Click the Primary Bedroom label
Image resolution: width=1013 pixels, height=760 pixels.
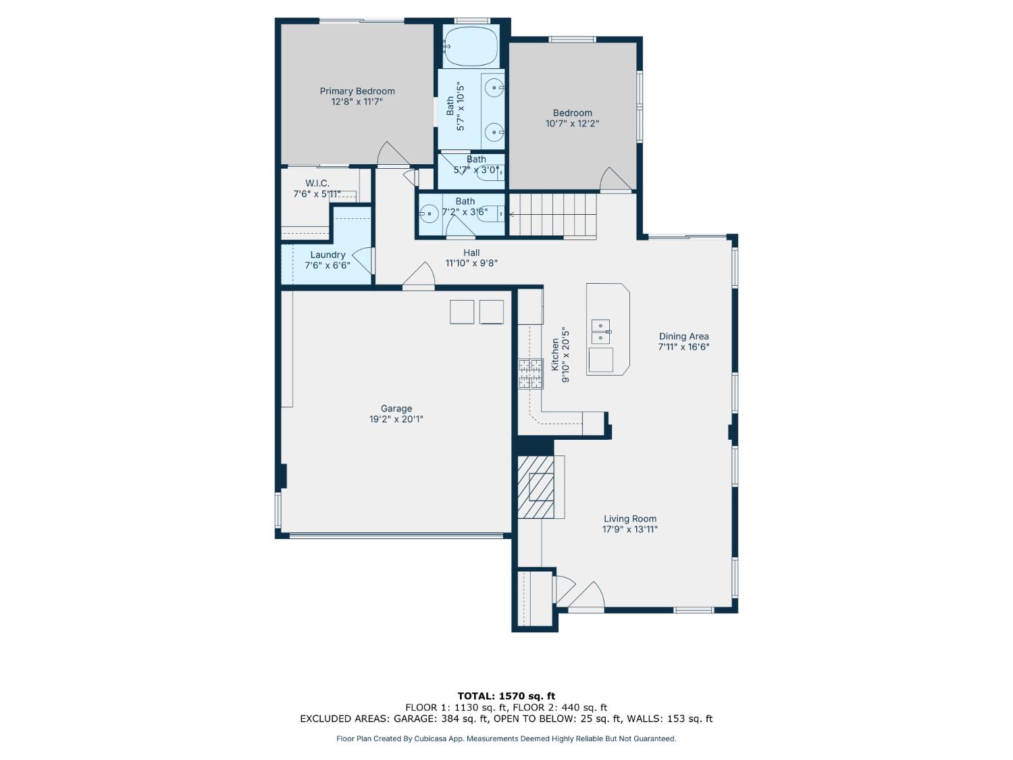pyautogui.click(x=357, y=91)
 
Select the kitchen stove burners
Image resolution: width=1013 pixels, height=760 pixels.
pyautogui.click(x=530, y=374)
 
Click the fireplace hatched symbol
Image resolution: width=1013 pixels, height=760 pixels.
pyautogui.click(x=536, y=486)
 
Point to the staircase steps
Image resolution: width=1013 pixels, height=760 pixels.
pyautogui.click(x=552, y=214)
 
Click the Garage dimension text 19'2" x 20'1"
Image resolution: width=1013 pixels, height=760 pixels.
pyautogui.click(x=396, y=419)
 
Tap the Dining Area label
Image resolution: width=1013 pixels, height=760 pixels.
pyautogui.click(x=683, y=336)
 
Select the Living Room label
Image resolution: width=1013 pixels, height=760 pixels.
pyautogui.click(x=629, y=519)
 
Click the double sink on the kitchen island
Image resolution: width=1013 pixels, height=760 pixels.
pyautogui.click(x=600, y=331)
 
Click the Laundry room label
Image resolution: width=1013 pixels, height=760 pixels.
pyautogui.click(x=328, y=255)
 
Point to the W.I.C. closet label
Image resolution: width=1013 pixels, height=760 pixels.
pyautogui.click(x=317, y=183)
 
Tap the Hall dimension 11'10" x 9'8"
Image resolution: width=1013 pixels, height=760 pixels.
pyautogui.click(x=471, y=263)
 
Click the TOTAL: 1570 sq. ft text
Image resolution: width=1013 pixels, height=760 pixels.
pyautogui.click(x=506, y=696)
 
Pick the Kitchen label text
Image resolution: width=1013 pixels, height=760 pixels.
pyautogui.click(x=555, y=355)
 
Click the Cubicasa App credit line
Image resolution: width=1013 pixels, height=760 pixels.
pyautogui.click(x=506, y=738)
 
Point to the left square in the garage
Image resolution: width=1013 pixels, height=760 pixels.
pyautogui.click(x=462, y=312)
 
